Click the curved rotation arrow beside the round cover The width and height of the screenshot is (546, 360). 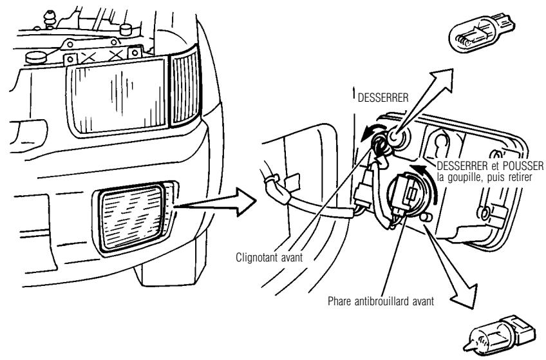438,187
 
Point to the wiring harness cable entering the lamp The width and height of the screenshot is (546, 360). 303,205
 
